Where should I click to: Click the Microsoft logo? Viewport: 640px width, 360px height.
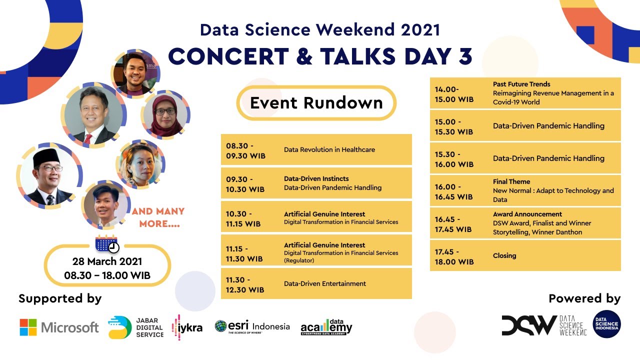(59, 327)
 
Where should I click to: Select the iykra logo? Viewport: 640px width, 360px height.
(187, 327)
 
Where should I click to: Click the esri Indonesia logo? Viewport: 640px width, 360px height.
(252, 327)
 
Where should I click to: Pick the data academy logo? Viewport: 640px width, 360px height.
(326, 327)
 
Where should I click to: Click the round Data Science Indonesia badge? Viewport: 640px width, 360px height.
(606, 324)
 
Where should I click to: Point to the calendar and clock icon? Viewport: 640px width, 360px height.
(107, 244)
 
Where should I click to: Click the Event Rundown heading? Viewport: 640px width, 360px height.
(316, 103)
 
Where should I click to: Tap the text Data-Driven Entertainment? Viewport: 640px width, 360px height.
(325, 283)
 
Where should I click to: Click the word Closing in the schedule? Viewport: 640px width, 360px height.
(504, 255)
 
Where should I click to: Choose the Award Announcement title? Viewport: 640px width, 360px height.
(527, 214)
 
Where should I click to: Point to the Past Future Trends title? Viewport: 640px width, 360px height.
(521, 84)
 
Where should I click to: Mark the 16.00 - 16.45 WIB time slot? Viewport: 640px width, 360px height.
(453, 191)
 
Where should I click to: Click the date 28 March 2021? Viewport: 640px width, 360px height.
(107, 261)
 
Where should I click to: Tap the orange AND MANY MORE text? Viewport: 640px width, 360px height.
(158, 217)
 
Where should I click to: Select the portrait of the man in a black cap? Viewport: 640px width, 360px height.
(49, 174)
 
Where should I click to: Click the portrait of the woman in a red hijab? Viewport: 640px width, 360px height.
(164, 114)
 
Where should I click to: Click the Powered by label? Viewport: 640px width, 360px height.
(584, 298)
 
